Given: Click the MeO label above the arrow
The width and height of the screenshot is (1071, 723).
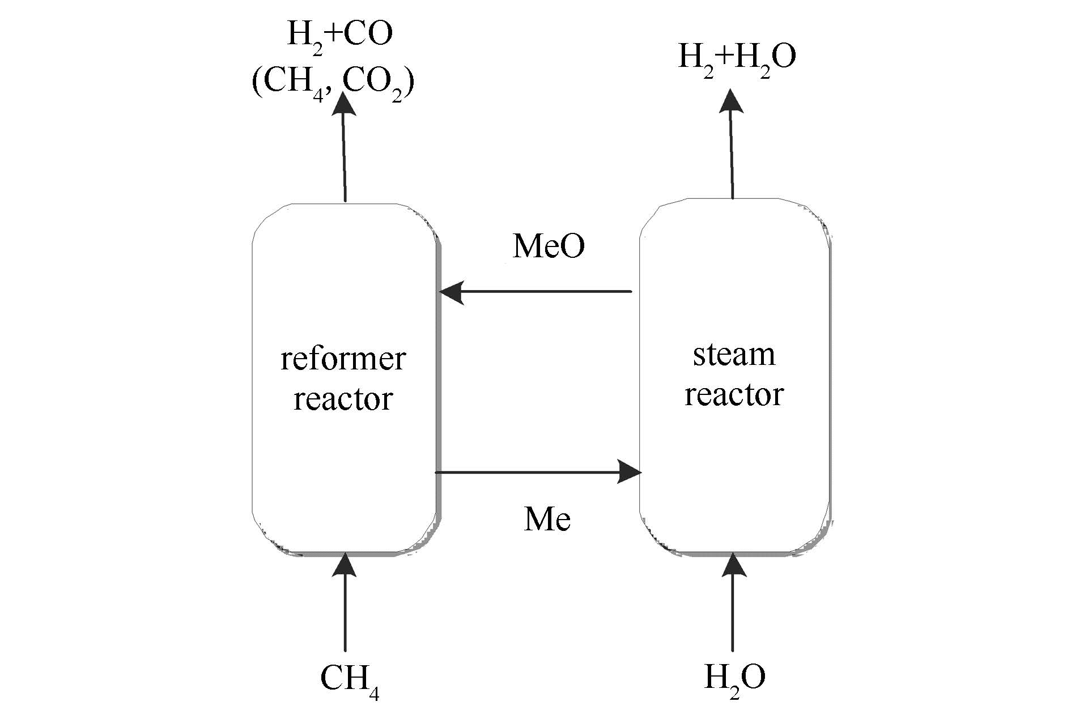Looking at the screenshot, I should pyautogui.click(x=549, y=246).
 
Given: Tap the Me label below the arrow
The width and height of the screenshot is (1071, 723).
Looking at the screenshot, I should pyautogui.click(x=547, y=519).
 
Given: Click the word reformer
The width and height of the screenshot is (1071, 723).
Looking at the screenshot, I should pyautogui.click(x=343, y=359).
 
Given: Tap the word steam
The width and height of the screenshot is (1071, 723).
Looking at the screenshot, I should pyautogui.click(x=734, y=355).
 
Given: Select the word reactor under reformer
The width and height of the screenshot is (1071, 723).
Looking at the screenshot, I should pyautogui.click(x=343, y=398).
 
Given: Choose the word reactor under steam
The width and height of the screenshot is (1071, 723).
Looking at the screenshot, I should pyautogui.click(x=734, y=394).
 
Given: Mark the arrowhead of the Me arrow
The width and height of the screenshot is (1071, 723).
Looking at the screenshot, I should pyautogui.click(x=629, y=471).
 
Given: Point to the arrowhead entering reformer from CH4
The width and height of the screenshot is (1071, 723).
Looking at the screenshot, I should pyautogui.click(x=345, y=565).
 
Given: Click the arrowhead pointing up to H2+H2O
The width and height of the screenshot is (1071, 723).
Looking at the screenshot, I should pyautogui.click(x=730, y=102).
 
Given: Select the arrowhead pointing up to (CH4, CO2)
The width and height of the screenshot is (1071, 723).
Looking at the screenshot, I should pyautogui.click(x=343, y=104).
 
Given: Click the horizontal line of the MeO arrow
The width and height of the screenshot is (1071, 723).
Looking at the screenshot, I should pyautogui.click(x=544, y=292).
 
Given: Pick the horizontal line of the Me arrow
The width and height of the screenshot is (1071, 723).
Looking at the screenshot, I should pyautogui.click(x=527, y=471).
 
